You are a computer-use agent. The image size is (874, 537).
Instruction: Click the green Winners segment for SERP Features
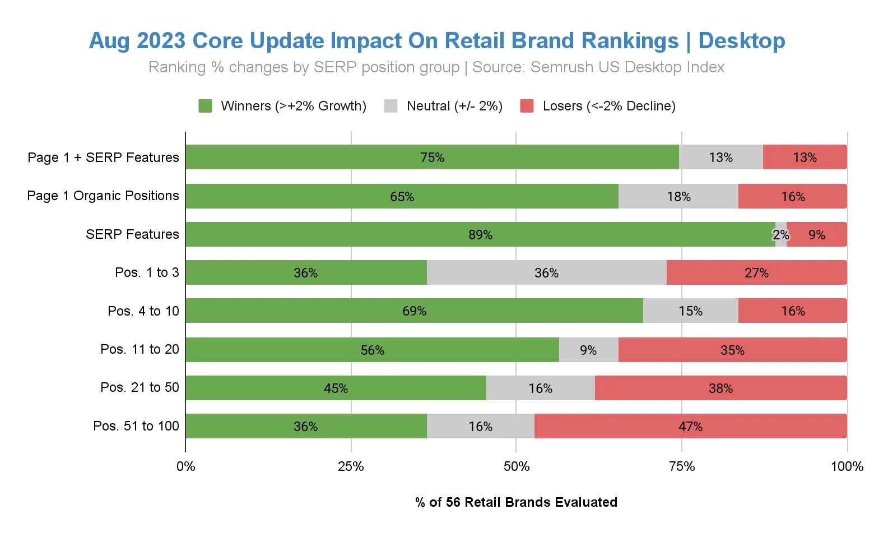[x=480, y=234]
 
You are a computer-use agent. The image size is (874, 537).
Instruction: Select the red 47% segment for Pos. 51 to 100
[x=690, y=426]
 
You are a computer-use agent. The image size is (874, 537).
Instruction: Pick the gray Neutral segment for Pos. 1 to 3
[x=546, y=272]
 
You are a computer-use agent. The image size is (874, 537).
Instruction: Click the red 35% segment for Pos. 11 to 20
[x=732, y=350]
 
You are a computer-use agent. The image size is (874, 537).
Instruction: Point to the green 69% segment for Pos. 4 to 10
[x=414, y=311]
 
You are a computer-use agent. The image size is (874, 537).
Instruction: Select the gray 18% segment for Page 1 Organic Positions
[x=678, y=196]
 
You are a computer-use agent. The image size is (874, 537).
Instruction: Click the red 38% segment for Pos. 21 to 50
[x=720, y=388]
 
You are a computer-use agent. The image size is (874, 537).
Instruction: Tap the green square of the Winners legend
[x=205, y=106]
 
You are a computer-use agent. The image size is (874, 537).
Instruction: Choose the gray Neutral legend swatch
[x=390, y=106]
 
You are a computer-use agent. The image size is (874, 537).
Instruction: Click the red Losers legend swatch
[x=527, y=106]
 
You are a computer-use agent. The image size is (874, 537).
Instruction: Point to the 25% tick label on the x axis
[x=351, y=466]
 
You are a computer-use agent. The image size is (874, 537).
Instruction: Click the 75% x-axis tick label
[x=682, y=466]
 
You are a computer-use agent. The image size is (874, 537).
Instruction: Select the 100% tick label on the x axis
[x=847, y=466]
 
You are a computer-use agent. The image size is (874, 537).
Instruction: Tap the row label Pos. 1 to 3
[x=147, y=272]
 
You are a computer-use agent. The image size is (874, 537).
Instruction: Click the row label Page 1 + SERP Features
[x=103, y=158]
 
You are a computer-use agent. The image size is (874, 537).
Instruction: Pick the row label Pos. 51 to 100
[x=136, y=426]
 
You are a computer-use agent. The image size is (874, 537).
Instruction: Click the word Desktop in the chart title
[x=742, y=41]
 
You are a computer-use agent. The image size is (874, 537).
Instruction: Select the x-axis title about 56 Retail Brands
[x=516, y=502]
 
